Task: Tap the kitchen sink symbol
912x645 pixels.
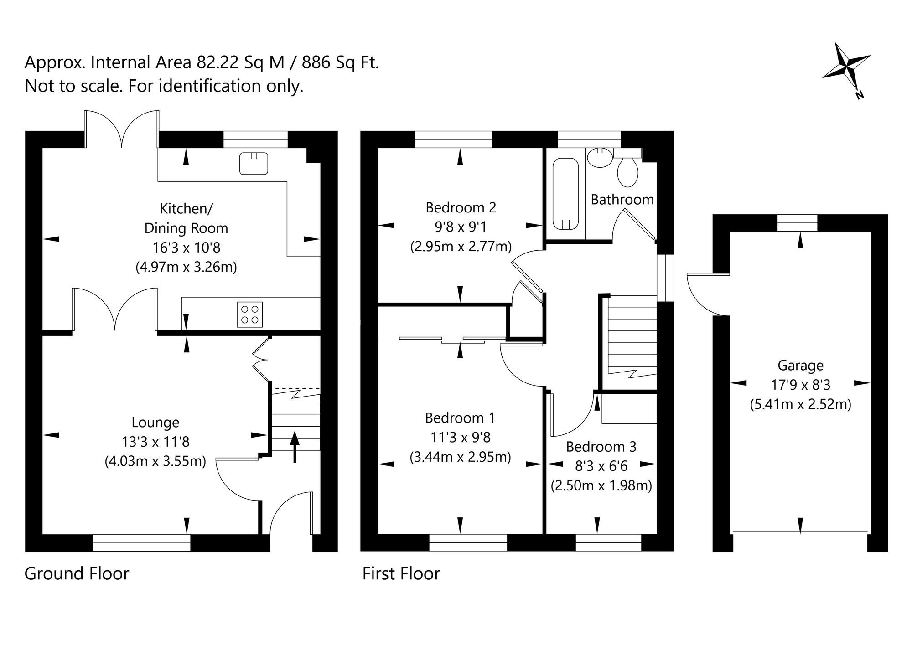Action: point(254,163)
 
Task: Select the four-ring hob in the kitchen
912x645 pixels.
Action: point(250,314)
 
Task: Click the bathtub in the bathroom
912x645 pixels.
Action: point(566,194)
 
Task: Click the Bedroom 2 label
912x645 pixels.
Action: point(461,207)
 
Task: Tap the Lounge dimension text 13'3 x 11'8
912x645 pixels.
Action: point(155,442)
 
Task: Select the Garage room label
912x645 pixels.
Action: point(800,365)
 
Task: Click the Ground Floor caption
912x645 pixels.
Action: point(77,573)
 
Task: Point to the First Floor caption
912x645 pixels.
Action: point(401,573)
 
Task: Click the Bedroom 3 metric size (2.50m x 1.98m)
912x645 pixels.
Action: point(601,485)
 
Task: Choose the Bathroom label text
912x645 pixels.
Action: point(622,199)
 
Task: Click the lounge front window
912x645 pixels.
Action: point(141,542)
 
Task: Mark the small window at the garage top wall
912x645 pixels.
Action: point(797,223)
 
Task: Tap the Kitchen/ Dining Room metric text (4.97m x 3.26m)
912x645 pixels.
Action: point(186,267)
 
